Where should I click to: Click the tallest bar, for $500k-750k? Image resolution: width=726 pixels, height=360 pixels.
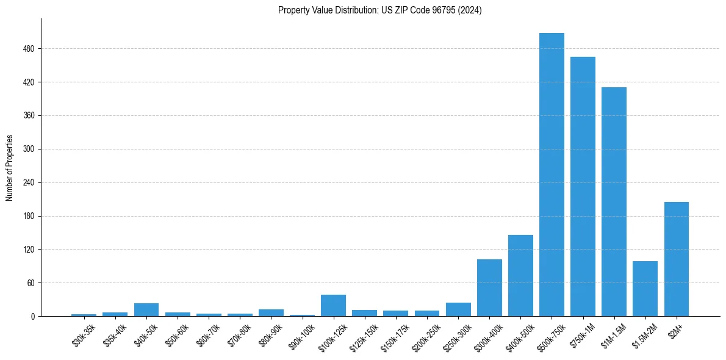[552, 175]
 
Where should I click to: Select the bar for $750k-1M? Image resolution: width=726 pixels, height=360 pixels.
[583, 186]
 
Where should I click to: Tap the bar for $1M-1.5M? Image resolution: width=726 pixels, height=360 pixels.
[614, 201]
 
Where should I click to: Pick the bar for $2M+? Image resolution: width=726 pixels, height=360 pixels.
[676, 259]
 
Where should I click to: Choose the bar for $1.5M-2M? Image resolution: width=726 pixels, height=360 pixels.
[645, 289]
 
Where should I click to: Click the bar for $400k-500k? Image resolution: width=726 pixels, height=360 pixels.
[520, 275]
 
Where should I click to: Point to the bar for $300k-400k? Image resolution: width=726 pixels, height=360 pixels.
[489, 287]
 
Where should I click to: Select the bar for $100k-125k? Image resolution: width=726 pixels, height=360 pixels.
[333, 305]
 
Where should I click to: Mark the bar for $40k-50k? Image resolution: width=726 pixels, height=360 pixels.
[146, 309]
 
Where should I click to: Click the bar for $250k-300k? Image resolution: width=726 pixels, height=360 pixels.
[458, 309]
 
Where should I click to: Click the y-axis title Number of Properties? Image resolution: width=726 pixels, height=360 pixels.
[9, 168]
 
